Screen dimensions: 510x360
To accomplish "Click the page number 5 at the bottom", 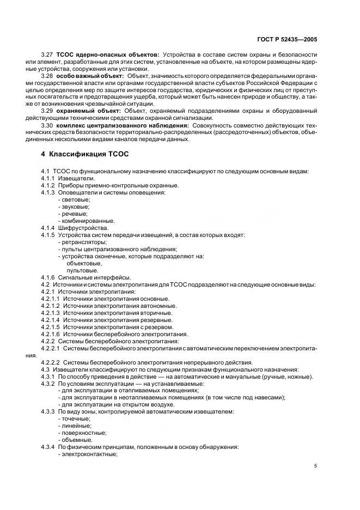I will pyautogui.click(x=316, y=465).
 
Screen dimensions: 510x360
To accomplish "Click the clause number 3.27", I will pyautogui.click(x=47, y=55).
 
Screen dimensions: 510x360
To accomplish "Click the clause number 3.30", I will pyautogui.click(x=47, y=125).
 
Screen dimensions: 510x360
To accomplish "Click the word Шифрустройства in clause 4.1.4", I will pyautogui.click(x=83, y=228).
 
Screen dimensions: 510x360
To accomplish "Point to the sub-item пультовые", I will pyautogui.click(x=82, y=270).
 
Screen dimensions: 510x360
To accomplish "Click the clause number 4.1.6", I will pyautogui.click(x=48, y=277).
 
